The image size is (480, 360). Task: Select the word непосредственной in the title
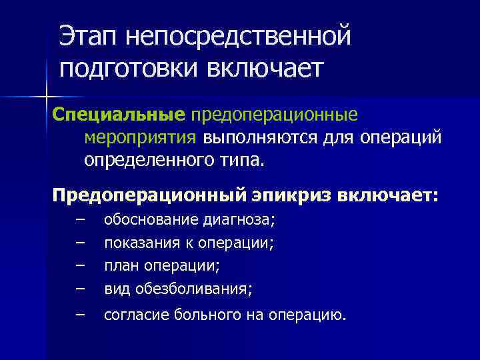tap(239, 36)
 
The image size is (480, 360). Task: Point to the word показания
tap(137, 243)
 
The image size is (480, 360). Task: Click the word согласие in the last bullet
tap(132, 315)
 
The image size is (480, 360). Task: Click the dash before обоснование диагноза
tap(81, 219)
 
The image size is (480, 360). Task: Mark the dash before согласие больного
tap(81, 313)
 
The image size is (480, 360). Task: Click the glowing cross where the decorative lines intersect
tap(47, 97)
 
